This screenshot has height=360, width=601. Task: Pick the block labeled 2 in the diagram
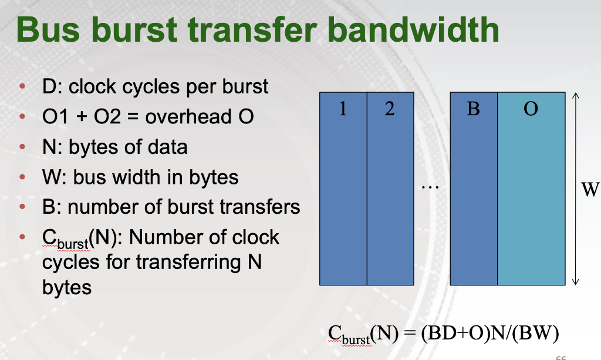[x=390, y=188]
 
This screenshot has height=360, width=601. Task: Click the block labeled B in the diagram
[x=474, y=188]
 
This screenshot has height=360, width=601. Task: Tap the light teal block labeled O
[x=531, y=188]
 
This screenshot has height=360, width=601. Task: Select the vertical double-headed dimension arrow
[x=576, y=188]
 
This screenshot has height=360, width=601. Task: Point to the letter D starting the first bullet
[x=49, y=87]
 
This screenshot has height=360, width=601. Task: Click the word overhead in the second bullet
[x=188, y=116]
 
